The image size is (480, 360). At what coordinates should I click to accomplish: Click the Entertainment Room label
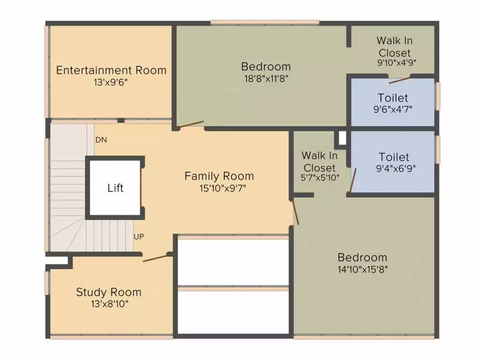(111, 70)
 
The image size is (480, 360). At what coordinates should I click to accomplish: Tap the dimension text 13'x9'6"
(111, 82)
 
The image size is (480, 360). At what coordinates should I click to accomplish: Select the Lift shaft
(115, 188)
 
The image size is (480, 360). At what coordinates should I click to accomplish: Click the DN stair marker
(100, 140)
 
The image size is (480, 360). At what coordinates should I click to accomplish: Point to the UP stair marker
(138, 237)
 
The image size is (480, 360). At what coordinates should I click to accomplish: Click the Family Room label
(219, 176)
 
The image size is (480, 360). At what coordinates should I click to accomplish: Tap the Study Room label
(108, 292)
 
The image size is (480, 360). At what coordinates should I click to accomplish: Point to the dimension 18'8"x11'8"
(266, 78)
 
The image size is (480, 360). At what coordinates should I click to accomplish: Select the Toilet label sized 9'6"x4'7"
(393, 98)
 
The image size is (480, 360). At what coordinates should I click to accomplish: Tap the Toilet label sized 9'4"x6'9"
(394, 157)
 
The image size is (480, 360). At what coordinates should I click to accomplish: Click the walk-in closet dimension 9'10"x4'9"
(397, 62)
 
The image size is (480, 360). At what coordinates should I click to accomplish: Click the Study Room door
(156, 257)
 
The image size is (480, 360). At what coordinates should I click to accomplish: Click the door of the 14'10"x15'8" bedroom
(294, 212)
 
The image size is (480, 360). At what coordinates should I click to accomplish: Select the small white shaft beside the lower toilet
(342, 138)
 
